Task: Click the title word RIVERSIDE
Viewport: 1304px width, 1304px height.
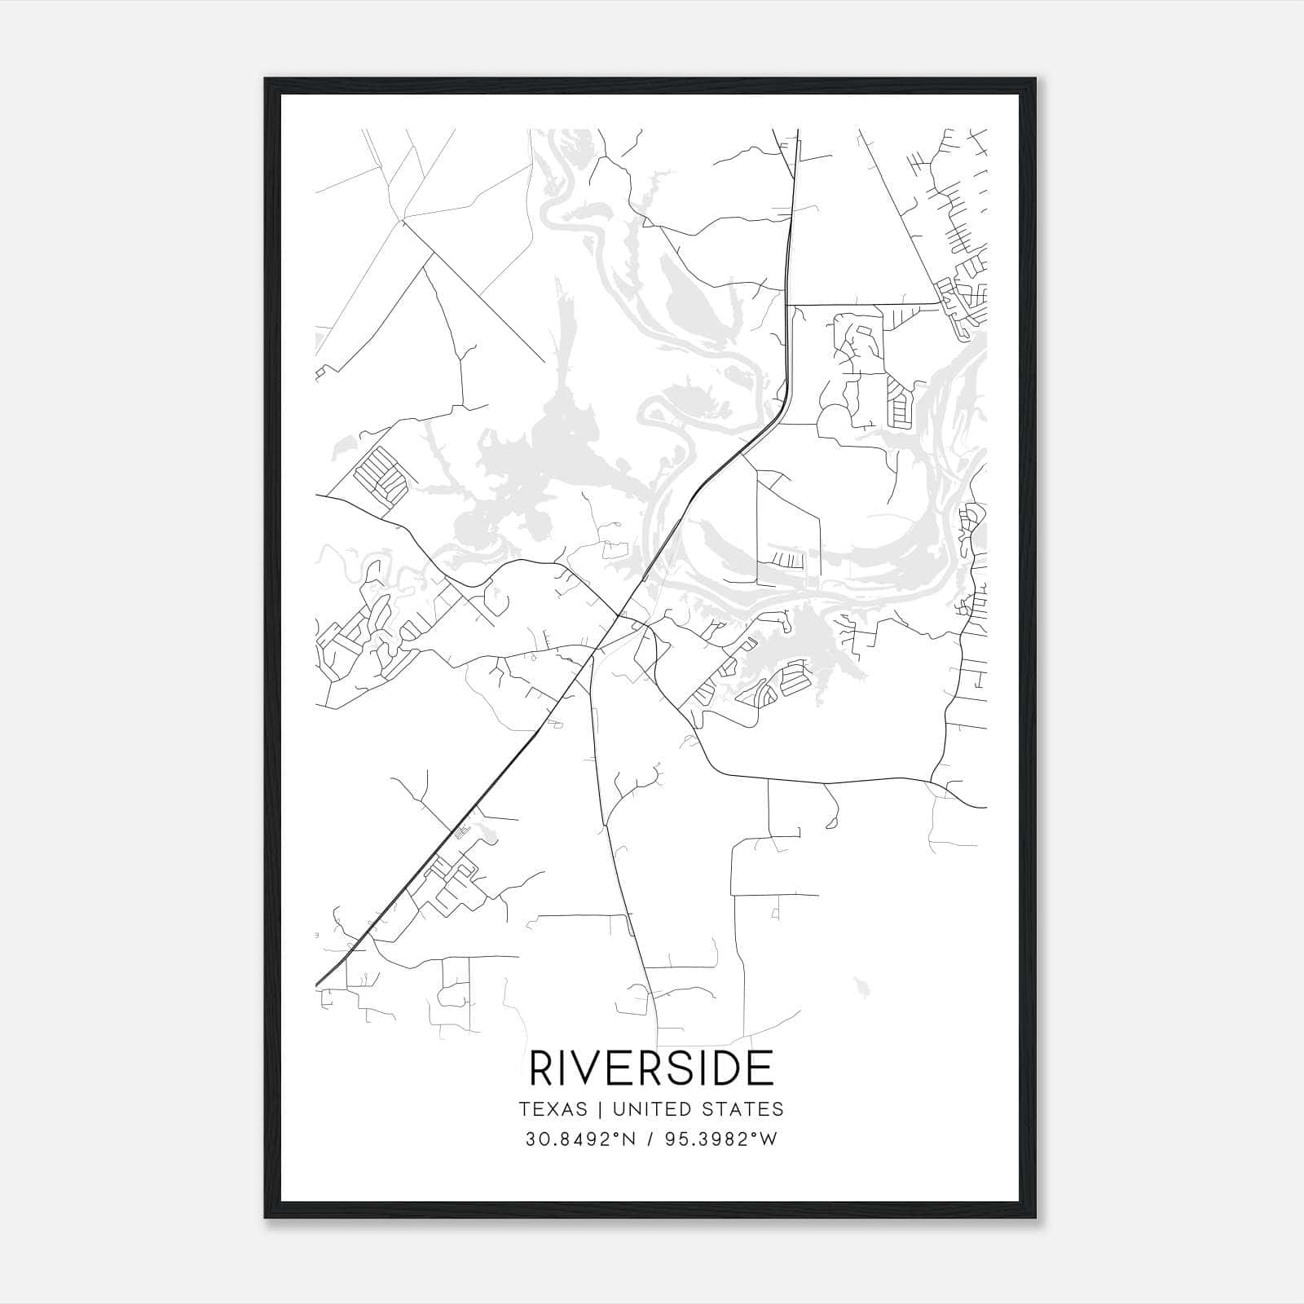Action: point(651,1068)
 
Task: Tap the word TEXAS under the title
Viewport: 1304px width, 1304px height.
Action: point(553,1109)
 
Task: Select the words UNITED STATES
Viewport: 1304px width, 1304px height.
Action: point(698,1109)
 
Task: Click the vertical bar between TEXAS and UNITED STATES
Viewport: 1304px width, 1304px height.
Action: point(599,1109)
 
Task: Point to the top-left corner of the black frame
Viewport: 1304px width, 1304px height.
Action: point(266,79)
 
